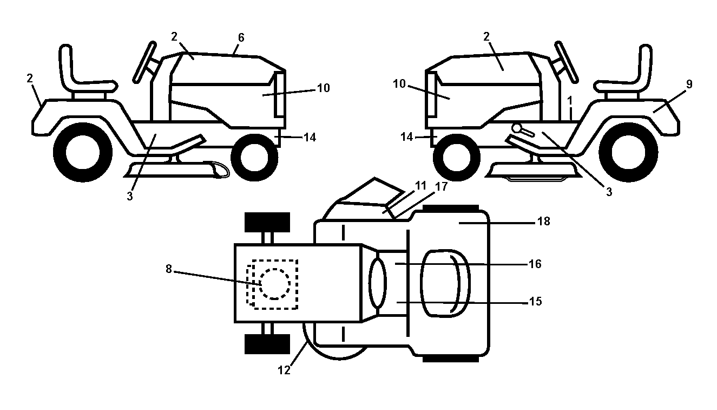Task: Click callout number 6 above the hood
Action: [x=241, y=38]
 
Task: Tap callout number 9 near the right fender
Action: [x=689, y=84]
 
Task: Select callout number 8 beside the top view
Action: [x=169, y=269]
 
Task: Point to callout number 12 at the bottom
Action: [x=284, y=370]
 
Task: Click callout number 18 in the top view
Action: [x=543, y=222]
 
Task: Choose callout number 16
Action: [x=535, y=264]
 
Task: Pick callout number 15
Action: [x=535, y=302]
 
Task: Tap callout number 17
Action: [x=441, y=186]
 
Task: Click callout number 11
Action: [x=420, y=185]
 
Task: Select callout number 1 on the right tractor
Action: [x=570, y=101]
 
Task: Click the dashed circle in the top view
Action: [x=275, y=284]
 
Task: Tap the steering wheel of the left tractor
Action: [x=145, y=62]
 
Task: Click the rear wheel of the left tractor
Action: [x=83, y=153]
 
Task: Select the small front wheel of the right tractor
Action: [x=457, y=158]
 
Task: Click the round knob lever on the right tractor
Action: [x=522, y=131]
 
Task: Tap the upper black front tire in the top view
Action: [x=267, y=222]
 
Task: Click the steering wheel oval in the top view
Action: [x=378, y=283]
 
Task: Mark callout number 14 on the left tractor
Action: [x=310, y=138]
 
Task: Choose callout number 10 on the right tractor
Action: [x=399, y=84]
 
